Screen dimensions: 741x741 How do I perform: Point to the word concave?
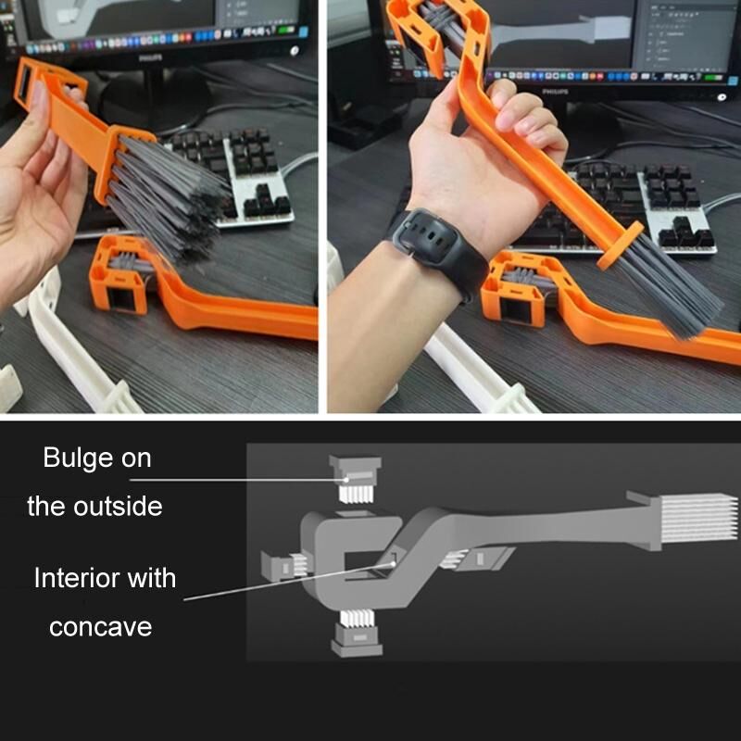tap(101, 627)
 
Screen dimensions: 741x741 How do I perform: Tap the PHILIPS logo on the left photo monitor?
tap(150, 58)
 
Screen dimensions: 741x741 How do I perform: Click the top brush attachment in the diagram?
tap(356, 479)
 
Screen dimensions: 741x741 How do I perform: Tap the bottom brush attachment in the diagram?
tap(357, 634)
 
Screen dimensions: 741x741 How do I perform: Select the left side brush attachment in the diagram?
tap(285, 566)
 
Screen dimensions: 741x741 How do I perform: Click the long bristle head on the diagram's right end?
tap(697, 519)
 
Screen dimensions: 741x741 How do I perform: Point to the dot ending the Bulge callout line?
tap(346, 480)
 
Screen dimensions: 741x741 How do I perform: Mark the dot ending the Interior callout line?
tap(393, 563)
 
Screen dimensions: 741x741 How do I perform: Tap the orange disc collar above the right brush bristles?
tap(620, 245)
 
